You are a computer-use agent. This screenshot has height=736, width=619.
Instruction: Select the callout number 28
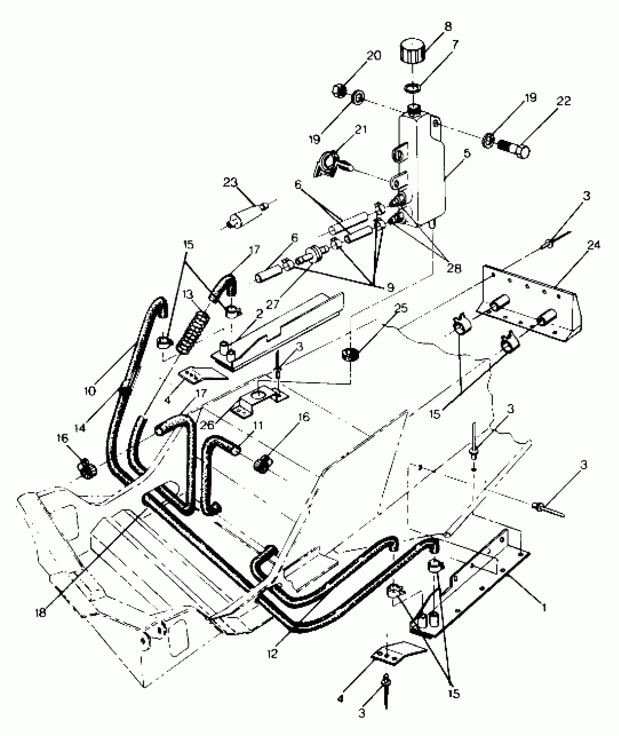tap(454, 269)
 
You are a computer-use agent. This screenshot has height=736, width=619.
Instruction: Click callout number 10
tap(90, 391)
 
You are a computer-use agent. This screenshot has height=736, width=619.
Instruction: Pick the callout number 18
tap(41, 613)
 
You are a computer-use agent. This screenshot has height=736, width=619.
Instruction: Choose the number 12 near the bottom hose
tap(272, 653)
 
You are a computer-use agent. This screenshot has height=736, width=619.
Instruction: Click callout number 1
tap(544, 607)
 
